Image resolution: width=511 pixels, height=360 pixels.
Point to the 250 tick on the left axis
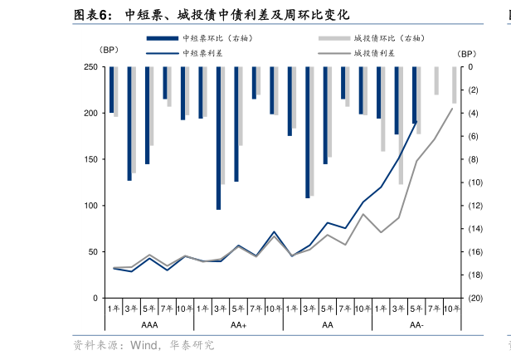[90, 67]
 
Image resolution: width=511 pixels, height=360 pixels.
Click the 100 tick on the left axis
[90, 206]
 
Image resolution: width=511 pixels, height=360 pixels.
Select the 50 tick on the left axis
[93, 252]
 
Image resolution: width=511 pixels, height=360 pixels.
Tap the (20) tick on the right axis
[474, 299]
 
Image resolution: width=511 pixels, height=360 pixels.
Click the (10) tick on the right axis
[474, 182]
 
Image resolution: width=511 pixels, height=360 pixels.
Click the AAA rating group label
[149, 325]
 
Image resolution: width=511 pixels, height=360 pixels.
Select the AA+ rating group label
[239, 325]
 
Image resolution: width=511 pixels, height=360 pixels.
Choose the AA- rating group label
[416, 325]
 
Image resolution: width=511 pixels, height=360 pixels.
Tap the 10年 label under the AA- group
[451, 309]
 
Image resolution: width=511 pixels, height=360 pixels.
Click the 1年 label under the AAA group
[114, 309]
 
